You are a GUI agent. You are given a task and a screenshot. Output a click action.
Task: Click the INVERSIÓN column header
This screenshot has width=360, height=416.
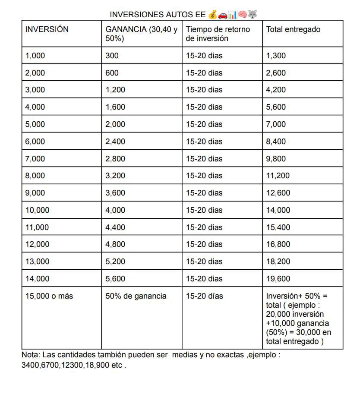tap(47, 29)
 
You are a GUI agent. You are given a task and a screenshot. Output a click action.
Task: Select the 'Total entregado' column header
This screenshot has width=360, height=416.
tap(293, 29)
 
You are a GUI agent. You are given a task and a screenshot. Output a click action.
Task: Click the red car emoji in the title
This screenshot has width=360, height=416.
tap(223, 15)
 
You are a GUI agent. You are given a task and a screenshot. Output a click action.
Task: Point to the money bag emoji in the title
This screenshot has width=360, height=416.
tap(212, 15)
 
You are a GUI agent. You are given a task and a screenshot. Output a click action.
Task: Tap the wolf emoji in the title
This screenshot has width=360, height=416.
tap(253, 15)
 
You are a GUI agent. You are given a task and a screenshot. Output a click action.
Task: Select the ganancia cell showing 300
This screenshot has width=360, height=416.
tap(112, 56)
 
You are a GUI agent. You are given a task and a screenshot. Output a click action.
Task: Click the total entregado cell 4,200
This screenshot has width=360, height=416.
tap(276, 90)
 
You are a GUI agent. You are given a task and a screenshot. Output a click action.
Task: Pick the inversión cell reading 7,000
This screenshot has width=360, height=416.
tap(35, 159)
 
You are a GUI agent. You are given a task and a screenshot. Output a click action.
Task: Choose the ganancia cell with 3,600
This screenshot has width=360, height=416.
tap(115, 193)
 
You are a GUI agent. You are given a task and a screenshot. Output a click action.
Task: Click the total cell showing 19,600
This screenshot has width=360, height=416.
tap(278, 279)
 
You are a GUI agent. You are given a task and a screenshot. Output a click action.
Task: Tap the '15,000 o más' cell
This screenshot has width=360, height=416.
tap(49, 296)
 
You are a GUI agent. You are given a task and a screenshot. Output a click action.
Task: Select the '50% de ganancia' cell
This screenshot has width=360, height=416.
tap(136, 296)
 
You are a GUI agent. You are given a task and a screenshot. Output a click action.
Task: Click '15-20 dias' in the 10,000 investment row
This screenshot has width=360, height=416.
tap(204, 210)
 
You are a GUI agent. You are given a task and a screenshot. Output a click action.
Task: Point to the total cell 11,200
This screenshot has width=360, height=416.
tap(278, 176)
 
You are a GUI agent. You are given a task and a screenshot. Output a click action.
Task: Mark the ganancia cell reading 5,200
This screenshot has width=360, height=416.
tap(115, 262)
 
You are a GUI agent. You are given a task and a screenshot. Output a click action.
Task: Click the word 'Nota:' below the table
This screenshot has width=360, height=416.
tap(31, 355)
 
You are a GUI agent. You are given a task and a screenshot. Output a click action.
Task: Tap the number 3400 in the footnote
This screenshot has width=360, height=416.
tap(29, 365)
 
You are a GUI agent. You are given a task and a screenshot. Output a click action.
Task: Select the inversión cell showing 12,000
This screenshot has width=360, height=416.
tap(37, 244)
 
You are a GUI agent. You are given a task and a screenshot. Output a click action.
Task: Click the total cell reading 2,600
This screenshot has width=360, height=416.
tap(276, 73)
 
